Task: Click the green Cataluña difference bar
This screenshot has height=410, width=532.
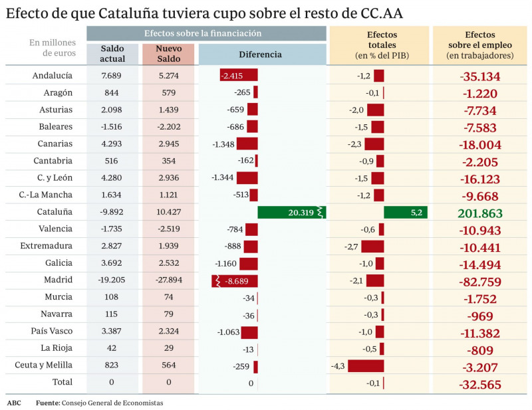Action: [291, 213]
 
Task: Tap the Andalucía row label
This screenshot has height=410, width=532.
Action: [53, 76]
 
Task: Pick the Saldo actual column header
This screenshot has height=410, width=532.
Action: [112, 54]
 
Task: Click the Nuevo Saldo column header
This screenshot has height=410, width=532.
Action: [168, 54]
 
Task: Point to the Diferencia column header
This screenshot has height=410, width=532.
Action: [260, 54]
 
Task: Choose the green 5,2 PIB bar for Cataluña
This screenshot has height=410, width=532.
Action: [406, 213]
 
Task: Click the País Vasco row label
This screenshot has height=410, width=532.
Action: [53, 331]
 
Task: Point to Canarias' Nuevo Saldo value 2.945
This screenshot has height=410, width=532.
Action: [168, 144]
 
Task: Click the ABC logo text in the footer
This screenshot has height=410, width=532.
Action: [14, 403]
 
